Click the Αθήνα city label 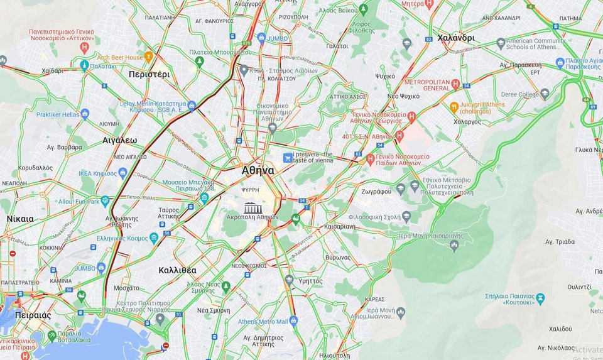(258, 170)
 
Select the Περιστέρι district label (149, 74)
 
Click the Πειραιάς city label (33, 315)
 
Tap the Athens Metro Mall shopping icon (293, 321)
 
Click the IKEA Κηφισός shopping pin (122, 173)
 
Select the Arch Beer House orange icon (149, 57)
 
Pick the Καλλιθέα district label (177, 270)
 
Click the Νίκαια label (20, 219)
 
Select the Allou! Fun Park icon (105, 201)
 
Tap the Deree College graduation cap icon (545, 94)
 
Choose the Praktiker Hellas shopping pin (85, 114)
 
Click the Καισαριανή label (340, 226)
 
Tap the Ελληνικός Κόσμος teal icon (154, 237)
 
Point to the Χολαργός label (467, 122)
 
